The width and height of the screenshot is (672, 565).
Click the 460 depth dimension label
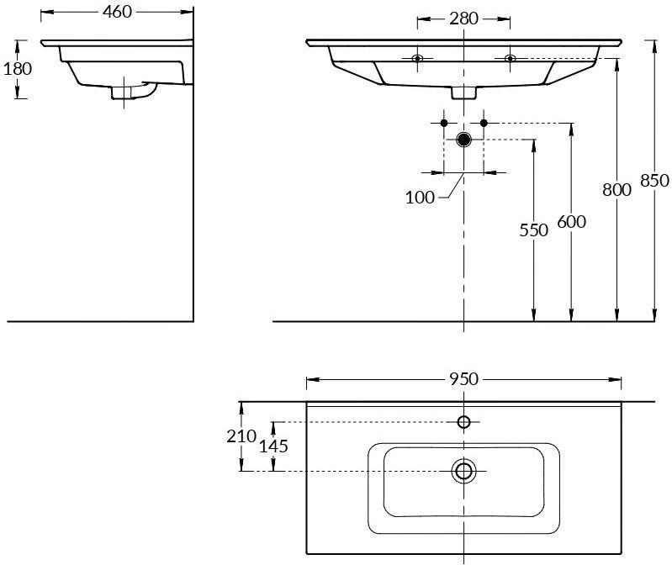click(x=117, y=12)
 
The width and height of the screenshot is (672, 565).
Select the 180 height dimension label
click(x=18, y=69)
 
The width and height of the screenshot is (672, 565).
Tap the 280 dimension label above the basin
click(x=463, y=18)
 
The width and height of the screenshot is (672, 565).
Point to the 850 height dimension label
click(x=655, y=180)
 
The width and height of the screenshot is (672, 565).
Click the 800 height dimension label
click(x=616, y=190)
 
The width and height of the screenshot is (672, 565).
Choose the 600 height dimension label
click(x=571, y=222)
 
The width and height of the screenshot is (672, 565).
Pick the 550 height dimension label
click(x=533, y=230)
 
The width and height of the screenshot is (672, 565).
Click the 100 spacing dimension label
click(x=420, y=198)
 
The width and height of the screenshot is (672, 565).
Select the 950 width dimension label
click(x=463, y=379)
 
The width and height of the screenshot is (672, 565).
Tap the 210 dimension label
click(x=241, y=436)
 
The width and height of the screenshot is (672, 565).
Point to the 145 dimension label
click(x=273, y=446)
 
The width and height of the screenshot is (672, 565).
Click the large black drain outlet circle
click(x=463, y=140)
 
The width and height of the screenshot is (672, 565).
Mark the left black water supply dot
click(x=444, y=123)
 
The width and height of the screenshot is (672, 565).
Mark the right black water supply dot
click(x=484, y=123)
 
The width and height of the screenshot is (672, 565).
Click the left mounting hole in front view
click(x=417, y=58)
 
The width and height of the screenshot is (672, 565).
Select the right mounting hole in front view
click(x=510, y=58)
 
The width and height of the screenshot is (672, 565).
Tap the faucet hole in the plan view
click(x=463, y=422)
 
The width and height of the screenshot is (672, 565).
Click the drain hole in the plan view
click(x=463, y=471)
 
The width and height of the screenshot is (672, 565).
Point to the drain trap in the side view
click(x=134, y=92)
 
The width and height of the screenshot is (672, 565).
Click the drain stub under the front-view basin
click(x=463, y=92)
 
